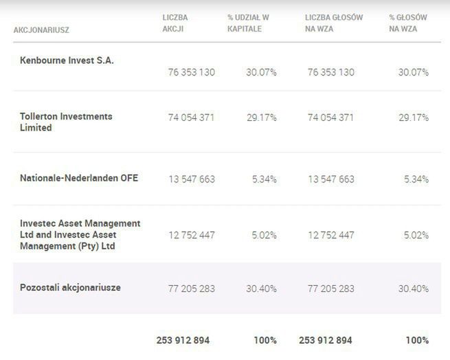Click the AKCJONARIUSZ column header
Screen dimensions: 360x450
click(x=41, y=30)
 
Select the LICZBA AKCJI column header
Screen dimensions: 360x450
click(x=175, y=23)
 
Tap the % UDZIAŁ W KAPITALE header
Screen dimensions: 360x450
click(x=249, y=23)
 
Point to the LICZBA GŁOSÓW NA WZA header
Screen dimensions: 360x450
click(x=333, y=23)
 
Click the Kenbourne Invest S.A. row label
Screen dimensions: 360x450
click(x=67, y=60)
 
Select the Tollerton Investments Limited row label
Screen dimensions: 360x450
click(x=66, y=122)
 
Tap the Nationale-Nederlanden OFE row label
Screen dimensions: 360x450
click(x=79, y=178)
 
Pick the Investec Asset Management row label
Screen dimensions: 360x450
click(x=80, y=234)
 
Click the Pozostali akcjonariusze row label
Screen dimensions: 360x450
click(x=70, y=287)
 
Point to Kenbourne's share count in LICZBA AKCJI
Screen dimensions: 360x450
click(x=191, y=72)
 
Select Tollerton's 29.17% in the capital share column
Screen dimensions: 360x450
click(x=262, y=117)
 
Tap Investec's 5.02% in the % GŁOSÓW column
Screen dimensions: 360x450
click(x=416, y=235)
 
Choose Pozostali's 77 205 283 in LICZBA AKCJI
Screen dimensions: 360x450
click(x=191, y=289)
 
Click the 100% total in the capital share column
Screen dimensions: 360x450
click(x=265, y=340)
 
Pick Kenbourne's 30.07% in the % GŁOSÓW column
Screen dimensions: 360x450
click(x=414, y=72)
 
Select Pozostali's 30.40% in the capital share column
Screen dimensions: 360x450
click(x=262, y=289)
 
